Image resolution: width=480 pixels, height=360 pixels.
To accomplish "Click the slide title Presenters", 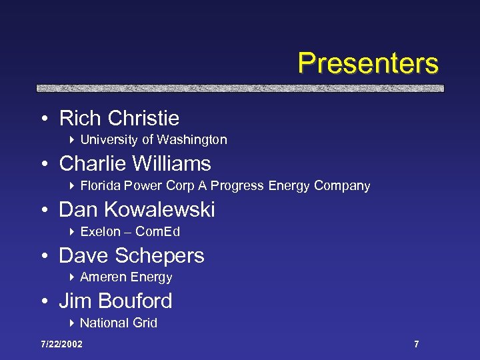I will tap(368, 63).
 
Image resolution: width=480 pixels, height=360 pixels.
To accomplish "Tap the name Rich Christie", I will tap(119, 119).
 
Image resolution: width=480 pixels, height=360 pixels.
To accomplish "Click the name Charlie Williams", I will tap(135, 164).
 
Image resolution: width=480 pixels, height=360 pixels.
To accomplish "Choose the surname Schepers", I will tap(159, 256).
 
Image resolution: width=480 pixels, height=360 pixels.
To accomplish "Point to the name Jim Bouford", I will tap(115, 301).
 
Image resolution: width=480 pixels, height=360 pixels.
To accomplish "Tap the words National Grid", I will tap(119, 323).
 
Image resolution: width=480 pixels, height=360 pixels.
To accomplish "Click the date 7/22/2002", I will tap(61, 344).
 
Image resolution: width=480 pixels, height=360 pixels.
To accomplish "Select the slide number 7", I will tap(417, 344).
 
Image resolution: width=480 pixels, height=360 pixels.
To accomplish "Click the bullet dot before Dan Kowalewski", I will tap(43, 211).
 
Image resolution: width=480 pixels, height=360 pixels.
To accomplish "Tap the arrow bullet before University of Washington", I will tap(71, 140).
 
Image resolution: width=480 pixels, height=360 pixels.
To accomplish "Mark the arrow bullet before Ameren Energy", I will tap(71, 277).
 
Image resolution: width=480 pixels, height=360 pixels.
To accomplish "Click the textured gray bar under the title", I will tap(240, 87).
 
